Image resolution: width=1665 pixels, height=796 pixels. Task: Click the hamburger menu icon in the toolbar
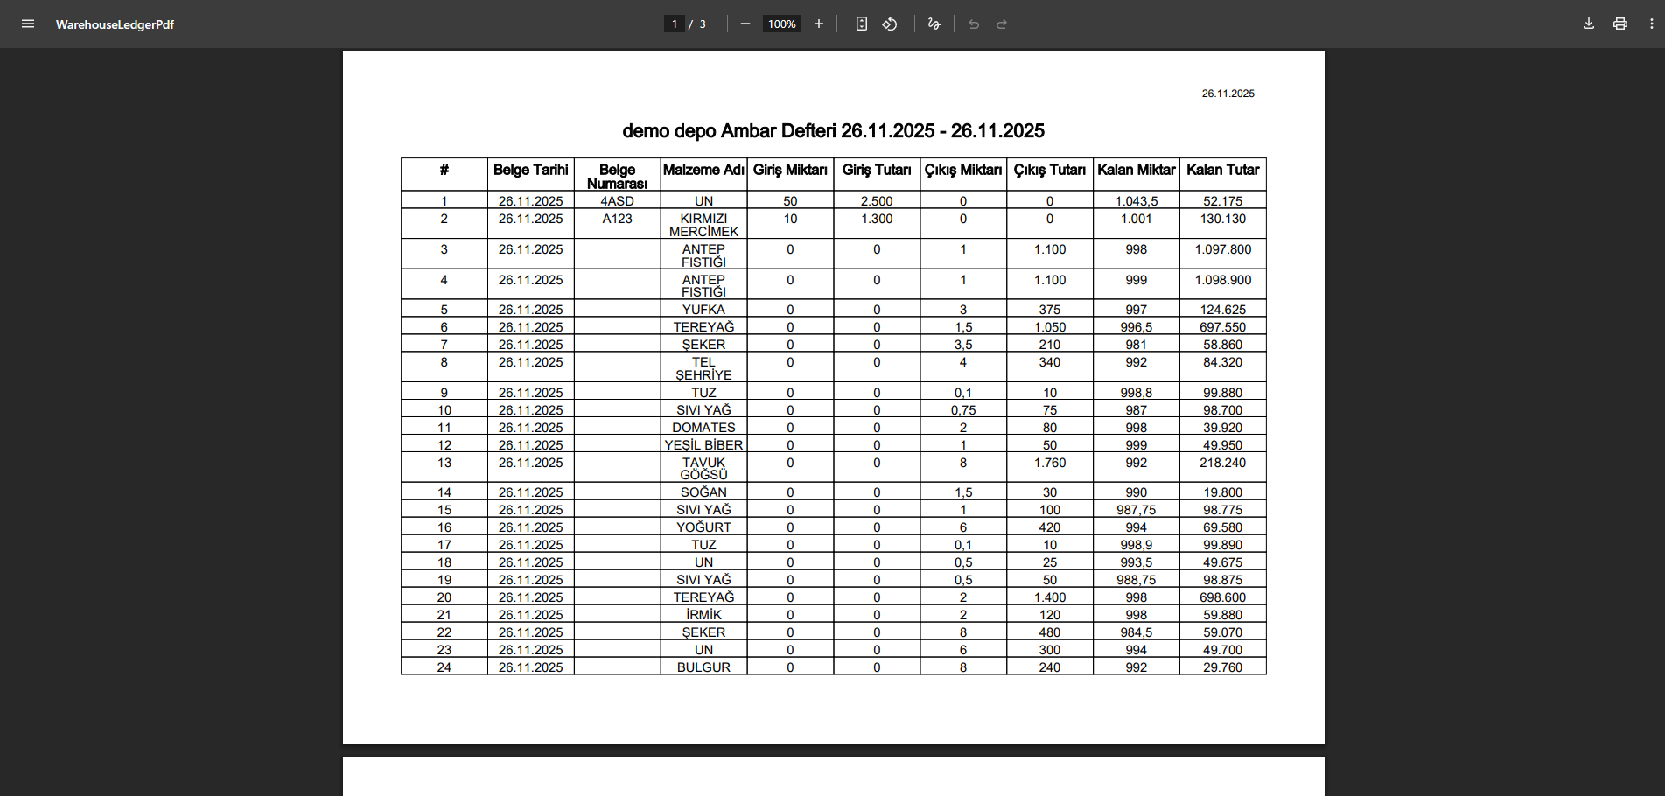click(x=28, y=24)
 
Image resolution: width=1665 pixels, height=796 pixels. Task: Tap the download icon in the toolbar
click(x=1589, y=24)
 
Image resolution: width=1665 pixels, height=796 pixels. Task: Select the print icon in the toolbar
click(x=1620, y=24)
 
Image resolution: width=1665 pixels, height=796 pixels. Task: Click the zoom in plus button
click(x=819, y=24)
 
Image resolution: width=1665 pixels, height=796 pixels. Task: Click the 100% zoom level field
click(x=781, y=24)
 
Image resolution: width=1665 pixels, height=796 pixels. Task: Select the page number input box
click(x=674, y=24)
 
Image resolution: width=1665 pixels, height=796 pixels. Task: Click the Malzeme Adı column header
click(x=703, y=170)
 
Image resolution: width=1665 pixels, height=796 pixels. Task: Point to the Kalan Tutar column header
click(x=1222, y=170)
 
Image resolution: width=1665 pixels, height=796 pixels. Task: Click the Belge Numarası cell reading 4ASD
click(x=617, y=201)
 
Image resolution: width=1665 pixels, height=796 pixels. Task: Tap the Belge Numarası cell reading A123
click(x=617, y=219)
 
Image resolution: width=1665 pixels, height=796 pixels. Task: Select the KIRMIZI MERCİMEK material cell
click(x=703, y=225)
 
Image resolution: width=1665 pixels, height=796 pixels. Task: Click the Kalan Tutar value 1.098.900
click(x=1222, y=280)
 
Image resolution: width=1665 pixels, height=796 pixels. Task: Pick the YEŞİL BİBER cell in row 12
click(x=703, y=445)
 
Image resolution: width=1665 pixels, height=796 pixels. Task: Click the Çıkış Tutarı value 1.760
click(x=1049, y=463)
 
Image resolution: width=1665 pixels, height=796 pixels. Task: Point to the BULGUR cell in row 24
click(x=703, y=667)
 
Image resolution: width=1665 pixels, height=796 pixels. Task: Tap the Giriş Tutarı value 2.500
click(x=876, y=201)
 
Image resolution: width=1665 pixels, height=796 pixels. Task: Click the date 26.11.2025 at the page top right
click(x=1228, y=94)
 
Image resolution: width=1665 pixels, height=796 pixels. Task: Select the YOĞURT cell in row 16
click(x=703, y=527)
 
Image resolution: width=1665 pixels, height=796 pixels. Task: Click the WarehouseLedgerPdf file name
click(x=115, y=24)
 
